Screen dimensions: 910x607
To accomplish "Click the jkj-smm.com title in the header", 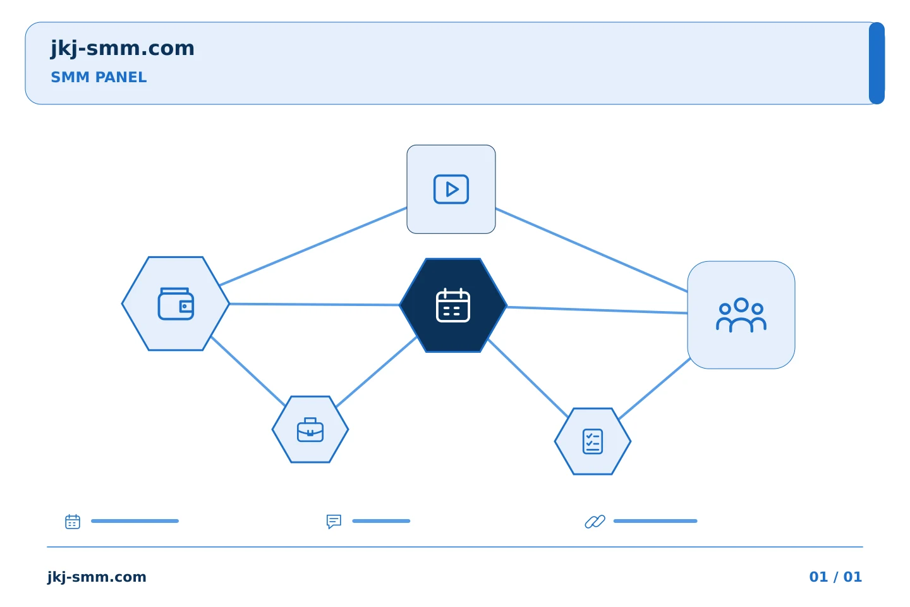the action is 123,49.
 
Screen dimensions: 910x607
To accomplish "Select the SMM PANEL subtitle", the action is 99,77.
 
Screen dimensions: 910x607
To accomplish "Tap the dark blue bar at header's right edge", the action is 877,63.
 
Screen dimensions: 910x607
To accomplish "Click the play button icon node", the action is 451,190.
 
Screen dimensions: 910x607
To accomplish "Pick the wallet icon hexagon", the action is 176,303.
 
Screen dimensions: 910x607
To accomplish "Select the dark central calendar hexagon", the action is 453,305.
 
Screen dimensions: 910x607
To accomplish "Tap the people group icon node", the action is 741,315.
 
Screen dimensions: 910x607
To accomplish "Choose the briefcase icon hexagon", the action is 310,429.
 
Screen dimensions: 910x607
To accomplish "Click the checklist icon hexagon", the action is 593,441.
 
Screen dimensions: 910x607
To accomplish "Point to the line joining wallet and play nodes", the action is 313,247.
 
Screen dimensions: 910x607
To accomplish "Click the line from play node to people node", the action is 591,250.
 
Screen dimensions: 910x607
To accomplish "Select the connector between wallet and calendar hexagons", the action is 315,305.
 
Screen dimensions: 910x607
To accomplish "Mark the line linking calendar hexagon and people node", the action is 597,310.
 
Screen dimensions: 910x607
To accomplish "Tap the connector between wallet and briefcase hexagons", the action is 248,371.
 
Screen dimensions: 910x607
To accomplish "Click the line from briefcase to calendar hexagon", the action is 377,372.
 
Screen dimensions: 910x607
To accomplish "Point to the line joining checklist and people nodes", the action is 655,388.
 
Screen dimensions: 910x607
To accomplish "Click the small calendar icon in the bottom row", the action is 73,521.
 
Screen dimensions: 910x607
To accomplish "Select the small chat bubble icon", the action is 334,521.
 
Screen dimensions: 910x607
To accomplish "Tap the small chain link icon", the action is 595,522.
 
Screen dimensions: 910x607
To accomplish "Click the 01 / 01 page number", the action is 835,577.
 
